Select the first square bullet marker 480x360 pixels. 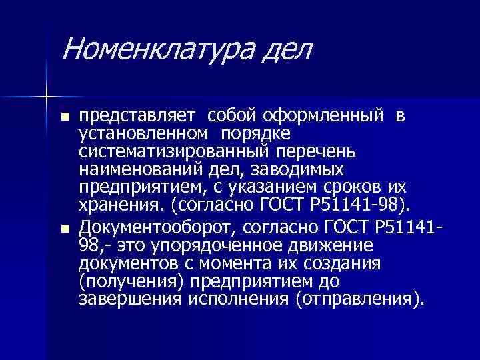[64, 117]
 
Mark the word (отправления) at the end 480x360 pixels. [356, 299]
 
